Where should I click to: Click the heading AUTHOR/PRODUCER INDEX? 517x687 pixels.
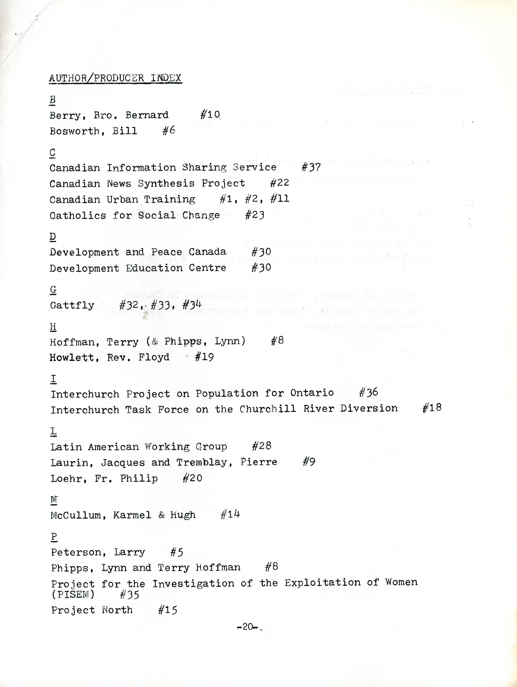[115, 78]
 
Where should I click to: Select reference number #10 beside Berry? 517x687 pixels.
[210, 115]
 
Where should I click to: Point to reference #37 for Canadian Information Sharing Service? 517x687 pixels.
[311, 167]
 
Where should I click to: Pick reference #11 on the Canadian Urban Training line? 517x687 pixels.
[280, 199]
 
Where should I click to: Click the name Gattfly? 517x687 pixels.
[72, 305]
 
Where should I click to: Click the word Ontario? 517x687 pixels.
[312, 393]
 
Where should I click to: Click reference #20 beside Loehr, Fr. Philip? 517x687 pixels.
[192, 478]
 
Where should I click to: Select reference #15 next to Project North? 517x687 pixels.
[167, 610]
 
